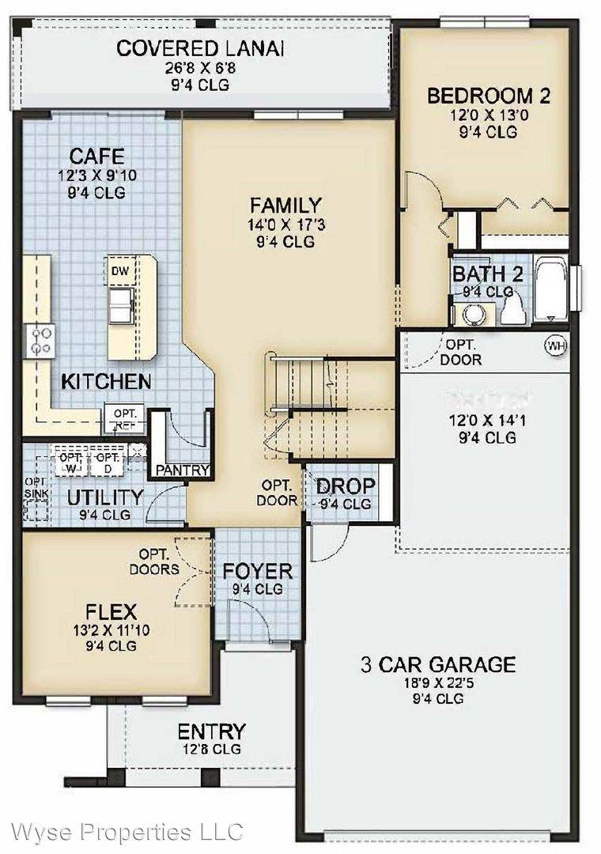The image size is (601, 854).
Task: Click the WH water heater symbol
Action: click(x=556, y=346)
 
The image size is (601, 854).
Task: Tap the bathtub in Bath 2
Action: click(x=551, y=288)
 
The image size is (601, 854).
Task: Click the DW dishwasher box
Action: click(x=120, y=271)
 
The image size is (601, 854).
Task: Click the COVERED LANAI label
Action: click(x=200, y=48)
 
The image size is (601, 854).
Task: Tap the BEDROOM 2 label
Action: click(x=488, y=96)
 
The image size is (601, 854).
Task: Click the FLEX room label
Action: click(x=112, y=611)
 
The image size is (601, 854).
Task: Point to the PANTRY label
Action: click(x=183, y=470)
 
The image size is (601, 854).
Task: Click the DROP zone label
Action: click(x=345, y=486)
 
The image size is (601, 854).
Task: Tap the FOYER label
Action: click(x=258, y=570)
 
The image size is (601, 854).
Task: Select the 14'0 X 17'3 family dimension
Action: click(x=285, y=225)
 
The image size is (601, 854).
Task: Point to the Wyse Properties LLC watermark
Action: click(x=123, y=832)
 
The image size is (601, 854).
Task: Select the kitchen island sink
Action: click(x=121, y=304)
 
